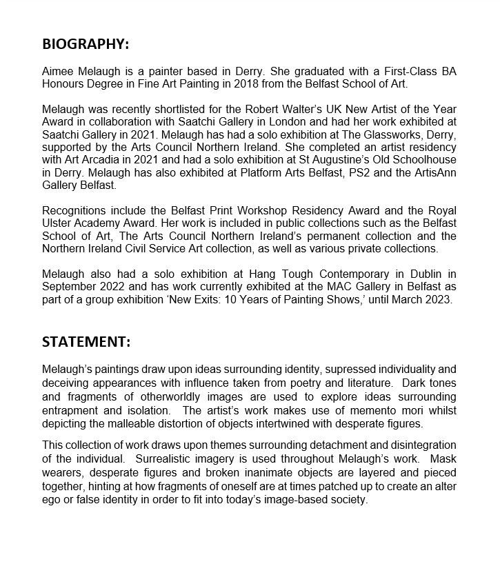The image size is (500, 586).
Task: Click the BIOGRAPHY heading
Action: (86, 44)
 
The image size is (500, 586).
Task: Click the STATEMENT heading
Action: (86, 342)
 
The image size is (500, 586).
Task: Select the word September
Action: (68, 286)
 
